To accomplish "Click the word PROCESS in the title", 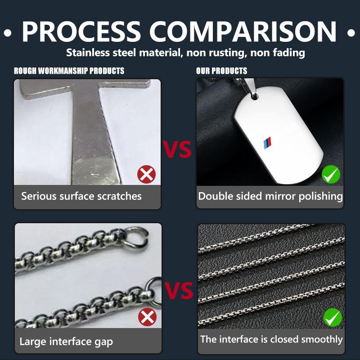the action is pos(81,31).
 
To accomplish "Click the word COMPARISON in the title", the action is pos(243,31).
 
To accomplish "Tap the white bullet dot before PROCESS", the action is pos(8,33).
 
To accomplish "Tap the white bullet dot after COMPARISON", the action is pos(351,33).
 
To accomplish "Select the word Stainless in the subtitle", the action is pos(88,53).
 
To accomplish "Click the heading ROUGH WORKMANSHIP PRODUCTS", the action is pos(69,71).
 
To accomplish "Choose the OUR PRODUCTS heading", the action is pos(221,71).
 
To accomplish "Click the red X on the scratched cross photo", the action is pos(147,174).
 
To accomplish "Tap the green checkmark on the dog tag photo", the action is pos(331,174).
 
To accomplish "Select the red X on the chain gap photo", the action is pos(148,317).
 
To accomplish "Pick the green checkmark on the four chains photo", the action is pos(333,317).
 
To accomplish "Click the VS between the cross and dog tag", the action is pos(177,149).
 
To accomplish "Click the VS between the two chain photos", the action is pos(179,290).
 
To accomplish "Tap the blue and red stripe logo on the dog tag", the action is pos(267,143).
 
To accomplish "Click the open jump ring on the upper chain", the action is pos(136,238).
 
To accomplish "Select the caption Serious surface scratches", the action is pos(81,196).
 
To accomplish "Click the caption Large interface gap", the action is pos(66,342).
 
